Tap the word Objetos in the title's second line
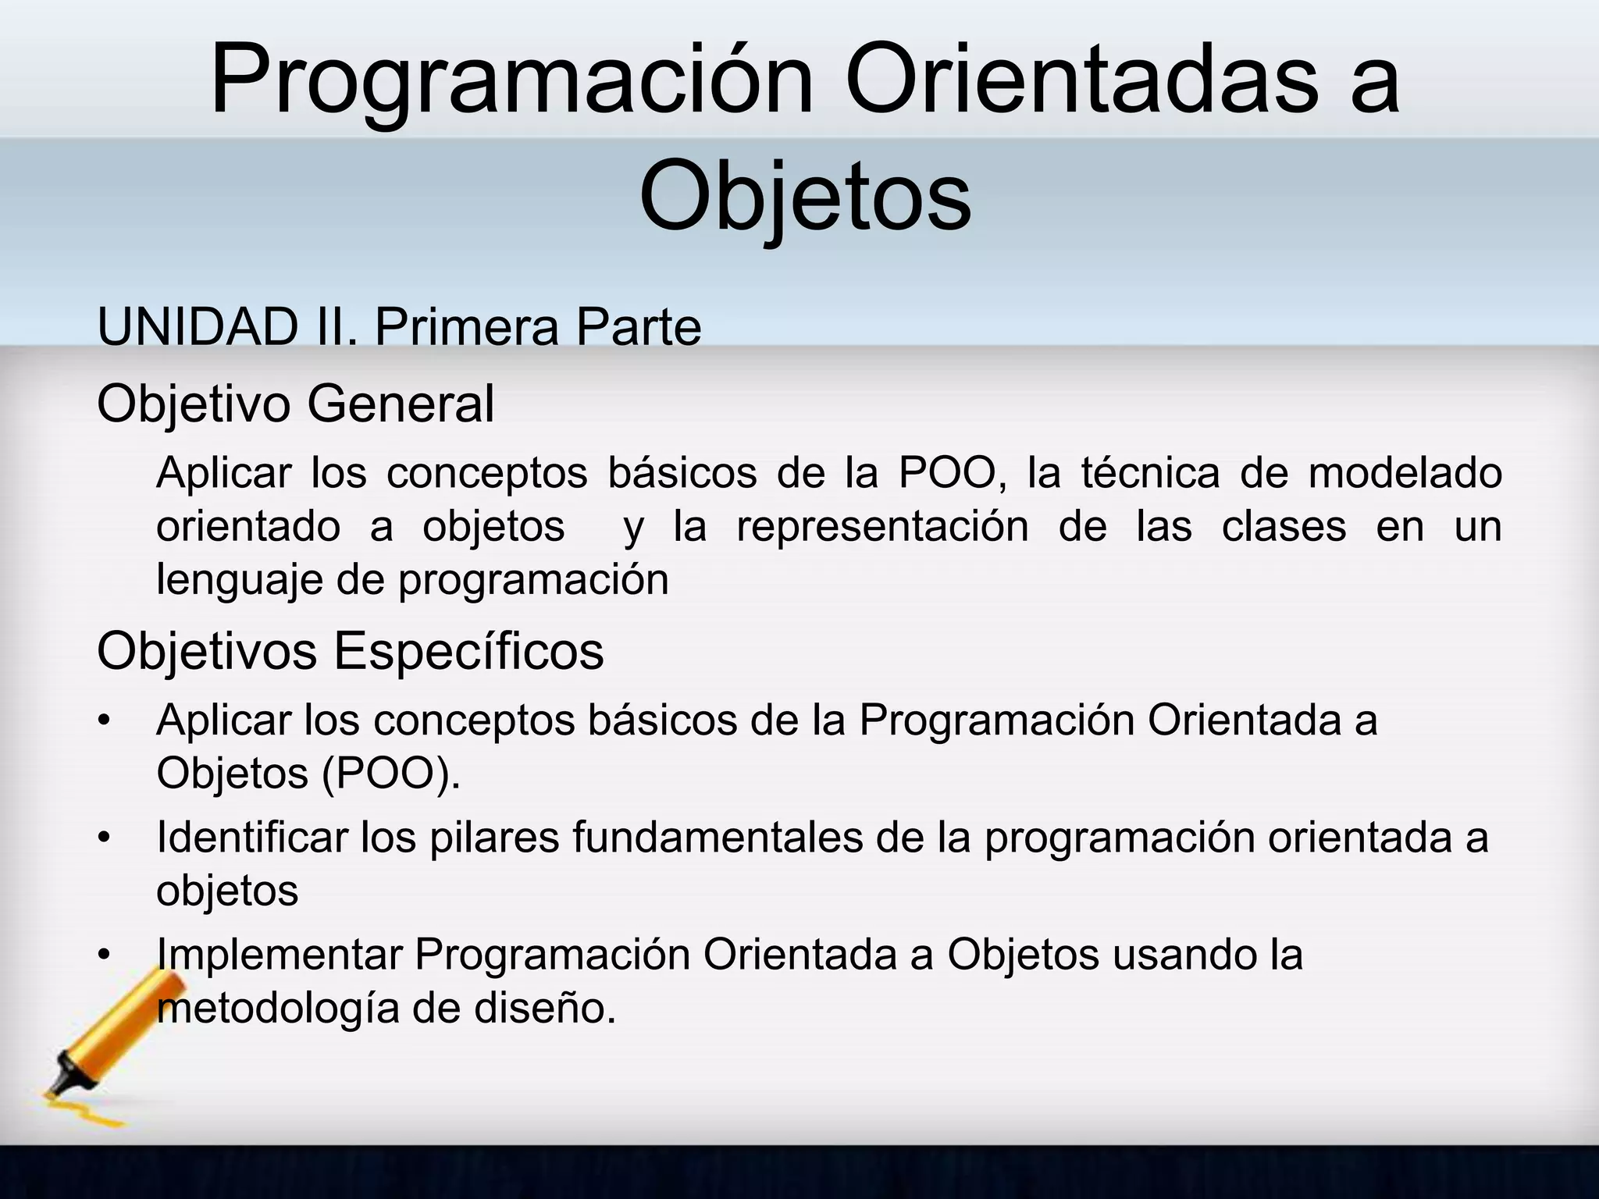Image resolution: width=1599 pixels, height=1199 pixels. point(804,195)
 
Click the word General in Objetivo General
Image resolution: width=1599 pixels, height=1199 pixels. point(400,404)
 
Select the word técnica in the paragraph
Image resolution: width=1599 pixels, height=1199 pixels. point(1149,473)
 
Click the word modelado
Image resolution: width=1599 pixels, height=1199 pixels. point(1405,473)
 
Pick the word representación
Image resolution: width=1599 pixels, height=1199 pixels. point(882,526)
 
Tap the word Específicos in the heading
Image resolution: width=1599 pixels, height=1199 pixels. point(468,651)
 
